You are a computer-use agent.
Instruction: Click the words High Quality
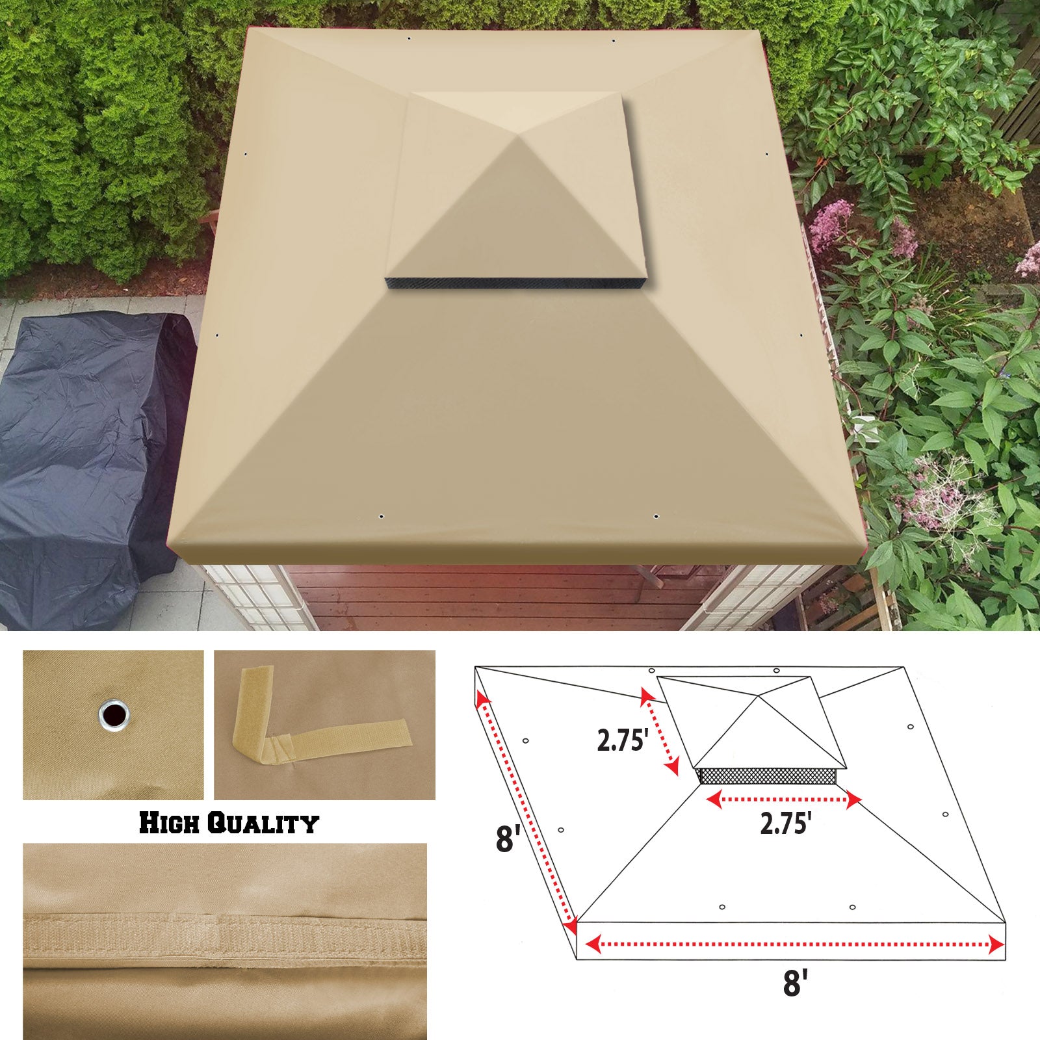click(x=229, y=823)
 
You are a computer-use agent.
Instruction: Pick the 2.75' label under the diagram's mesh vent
click(x=785, y=824)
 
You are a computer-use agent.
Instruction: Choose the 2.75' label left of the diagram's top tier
click(x=621, y=740)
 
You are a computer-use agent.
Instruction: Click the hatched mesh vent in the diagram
click(x=766, y=775)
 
